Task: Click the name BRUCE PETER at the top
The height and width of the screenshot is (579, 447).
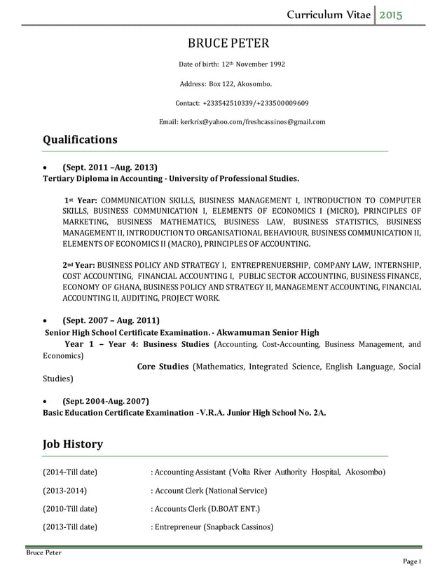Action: click(228, 44)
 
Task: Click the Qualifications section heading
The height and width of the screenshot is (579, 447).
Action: click(80, 139)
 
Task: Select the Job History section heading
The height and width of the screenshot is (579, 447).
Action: click(73, 444)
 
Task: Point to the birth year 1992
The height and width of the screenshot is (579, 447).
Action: click(275, 64)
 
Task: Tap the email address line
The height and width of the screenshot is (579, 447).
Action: click(242, 122)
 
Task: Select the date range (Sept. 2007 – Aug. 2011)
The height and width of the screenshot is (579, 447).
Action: click(111, 320)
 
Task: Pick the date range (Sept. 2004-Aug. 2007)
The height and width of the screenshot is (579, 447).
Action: click(106, 401)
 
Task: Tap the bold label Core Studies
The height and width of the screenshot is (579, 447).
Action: click(163, 367)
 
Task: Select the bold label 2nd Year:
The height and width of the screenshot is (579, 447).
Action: click(78, 266)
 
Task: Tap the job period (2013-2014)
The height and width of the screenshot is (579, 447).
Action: click(66, 490)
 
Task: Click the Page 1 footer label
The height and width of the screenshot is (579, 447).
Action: click(411, 563)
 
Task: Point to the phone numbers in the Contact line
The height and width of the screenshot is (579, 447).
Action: click(256, 103)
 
